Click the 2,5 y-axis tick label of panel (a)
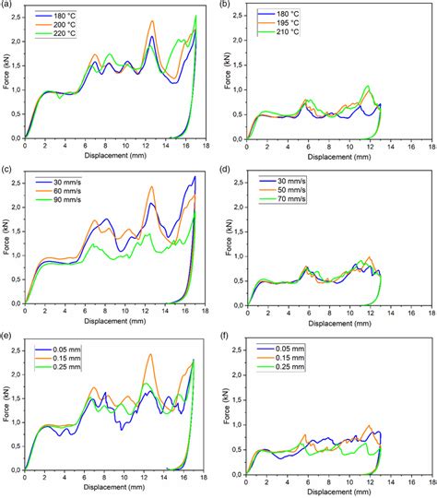[17, 18]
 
